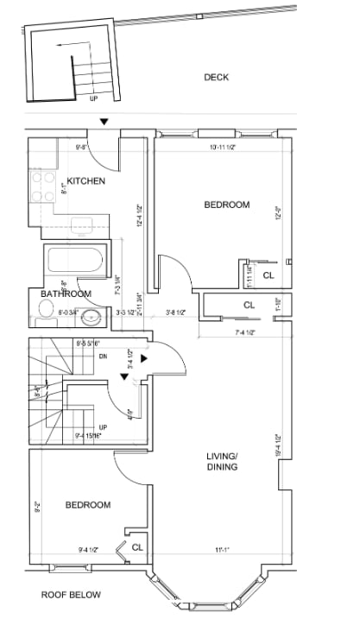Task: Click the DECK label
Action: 216,77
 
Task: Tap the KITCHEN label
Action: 86,181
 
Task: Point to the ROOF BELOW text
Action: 72,595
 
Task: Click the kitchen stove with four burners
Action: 41,184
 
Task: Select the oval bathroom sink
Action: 92,318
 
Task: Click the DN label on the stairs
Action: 102,355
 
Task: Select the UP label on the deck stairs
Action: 93,98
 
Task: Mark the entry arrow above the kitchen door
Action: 104,123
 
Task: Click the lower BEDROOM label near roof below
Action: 87,505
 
